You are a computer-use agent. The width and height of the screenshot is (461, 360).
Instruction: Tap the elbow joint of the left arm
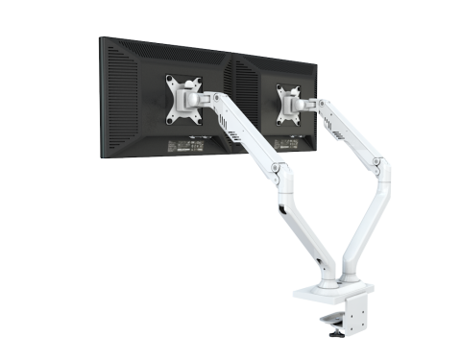pyautogui.click(x=279, y=172)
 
